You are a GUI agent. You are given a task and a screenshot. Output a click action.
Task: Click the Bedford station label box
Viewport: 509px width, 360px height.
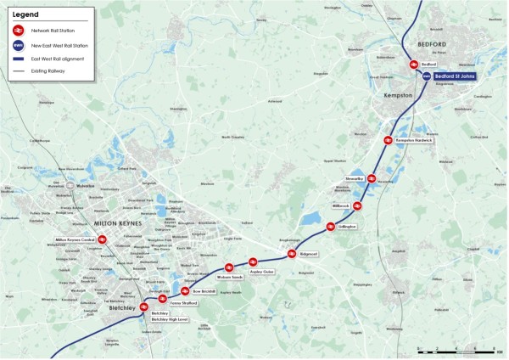[x=428, y=65]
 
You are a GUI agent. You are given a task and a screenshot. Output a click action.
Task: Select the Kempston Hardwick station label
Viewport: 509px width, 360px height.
[x=414, y=139]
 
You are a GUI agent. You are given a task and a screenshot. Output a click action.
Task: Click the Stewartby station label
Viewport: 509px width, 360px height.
[x=355, y=179]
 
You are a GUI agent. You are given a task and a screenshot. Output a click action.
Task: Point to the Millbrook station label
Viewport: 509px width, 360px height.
[x=341, y=206]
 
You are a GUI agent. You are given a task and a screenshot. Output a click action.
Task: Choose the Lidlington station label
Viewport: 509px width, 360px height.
[x=347, y=227]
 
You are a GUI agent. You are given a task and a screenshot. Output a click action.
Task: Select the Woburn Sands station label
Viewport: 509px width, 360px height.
[x=230, y=277]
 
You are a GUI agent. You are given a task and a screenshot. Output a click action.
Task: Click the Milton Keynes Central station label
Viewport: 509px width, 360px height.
[x=75, y=240]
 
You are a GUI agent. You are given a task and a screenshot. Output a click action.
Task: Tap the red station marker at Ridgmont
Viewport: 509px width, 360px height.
[x=292, y=254]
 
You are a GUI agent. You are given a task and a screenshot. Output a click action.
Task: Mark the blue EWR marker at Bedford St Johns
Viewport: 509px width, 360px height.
[x=427, y=76]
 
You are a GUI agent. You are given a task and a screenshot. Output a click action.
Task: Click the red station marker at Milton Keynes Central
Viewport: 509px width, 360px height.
[x=102, y=240]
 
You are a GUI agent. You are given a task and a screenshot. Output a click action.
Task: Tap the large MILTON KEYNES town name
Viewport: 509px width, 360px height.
[x=120, y=222]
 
